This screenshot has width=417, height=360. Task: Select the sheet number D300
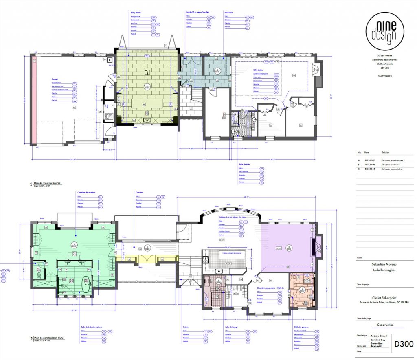tap(402, 345)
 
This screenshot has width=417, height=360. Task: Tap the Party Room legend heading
tap(136, 13)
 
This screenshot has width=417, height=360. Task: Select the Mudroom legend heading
tap(228, 13)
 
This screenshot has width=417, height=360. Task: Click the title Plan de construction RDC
tap(49, 338)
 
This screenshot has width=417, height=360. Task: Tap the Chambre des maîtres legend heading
tap(86, 192)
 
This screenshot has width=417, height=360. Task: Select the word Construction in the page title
tap(385, 325)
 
